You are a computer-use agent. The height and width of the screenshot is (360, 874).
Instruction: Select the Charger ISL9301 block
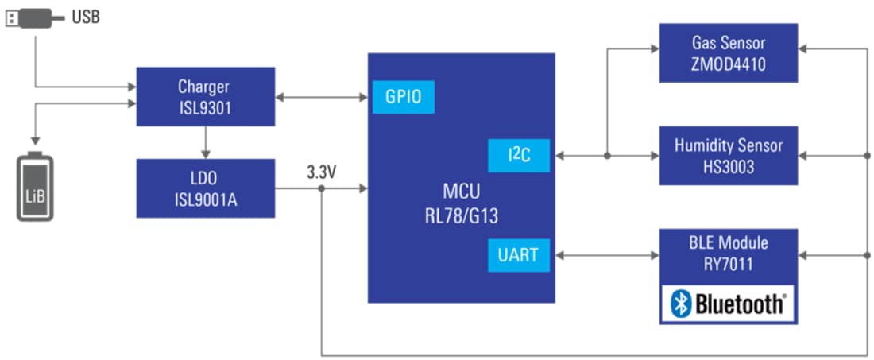205,96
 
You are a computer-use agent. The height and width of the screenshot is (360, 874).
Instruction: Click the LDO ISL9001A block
205,188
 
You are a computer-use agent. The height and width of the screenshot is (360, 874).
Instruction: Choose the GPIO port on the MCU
404,98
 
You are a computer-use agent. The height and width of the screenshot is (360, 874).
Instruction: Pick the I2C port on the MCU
519,156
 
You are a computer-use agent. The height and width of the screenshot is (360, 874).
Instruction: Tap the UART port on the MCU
518,255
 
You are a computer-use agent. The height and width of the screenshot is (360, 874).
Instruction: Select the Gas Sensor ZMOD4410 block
728,52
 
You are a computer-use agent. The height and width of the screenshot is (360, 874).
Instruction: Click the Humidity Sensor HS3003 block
728,155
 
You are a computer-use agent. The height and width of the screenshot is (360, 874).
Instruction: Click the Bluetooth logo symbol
681,304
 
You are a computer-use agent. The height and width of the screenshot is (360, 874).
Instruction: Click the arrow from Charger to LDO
205,142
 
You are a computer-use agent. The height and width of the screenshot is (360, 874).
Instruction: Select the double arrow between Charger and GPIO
322,98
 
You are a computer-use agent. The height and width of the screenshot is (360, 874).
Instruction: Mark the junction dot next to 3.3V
322,188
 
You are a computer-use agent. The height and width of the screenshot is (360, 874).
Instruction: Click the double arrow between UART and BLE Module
605,255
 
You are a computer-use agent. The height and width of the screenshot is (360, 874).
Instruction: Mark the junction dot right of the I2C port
607,156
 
